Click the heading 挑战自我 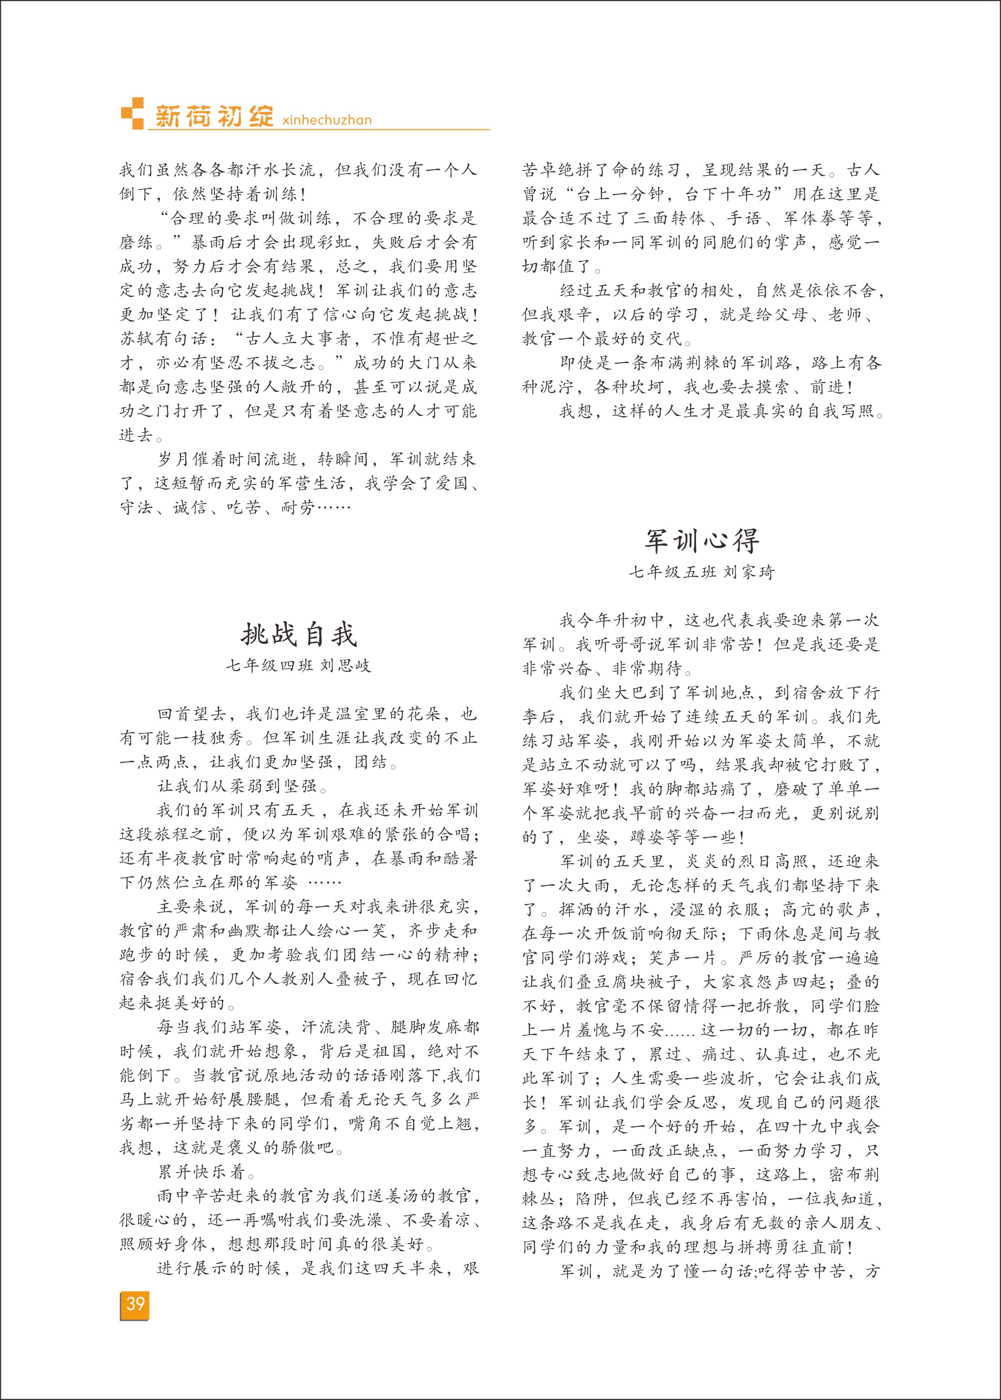coord(299,635)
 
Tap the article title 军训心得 coord(701,541)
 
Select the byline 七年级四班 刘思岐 coord(299,666)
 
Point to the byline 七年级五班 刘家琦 coord(701,572)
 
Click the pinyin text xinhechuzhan coord(327,120)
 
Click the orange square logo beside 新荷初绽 coord(132,113)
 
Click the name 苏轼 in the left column coord(137,338)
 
